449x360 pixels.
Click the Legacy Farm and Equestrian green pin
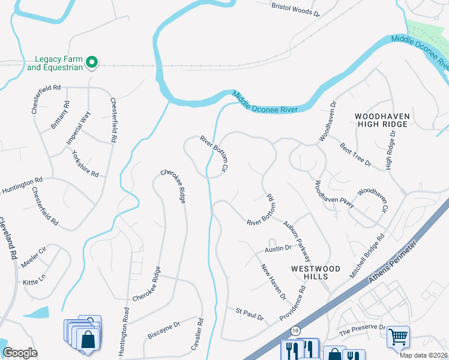[92, 62]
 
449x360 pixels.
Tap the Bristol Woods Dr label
[296, 8]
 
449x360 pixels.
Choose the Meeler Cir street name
[34, 256]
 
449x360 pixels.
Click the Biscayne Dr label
[164, 327]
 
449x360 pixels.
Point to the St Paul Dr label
[250, 313]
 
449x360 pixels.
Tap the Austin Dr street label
[278, 248]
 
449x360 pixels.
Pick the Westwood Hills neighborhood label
[315, 272]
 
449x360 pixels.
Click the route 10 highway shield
[295, 331]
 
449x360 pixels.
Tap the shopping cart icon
[398, 337]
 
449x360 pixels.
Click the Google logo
[19, 353]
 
